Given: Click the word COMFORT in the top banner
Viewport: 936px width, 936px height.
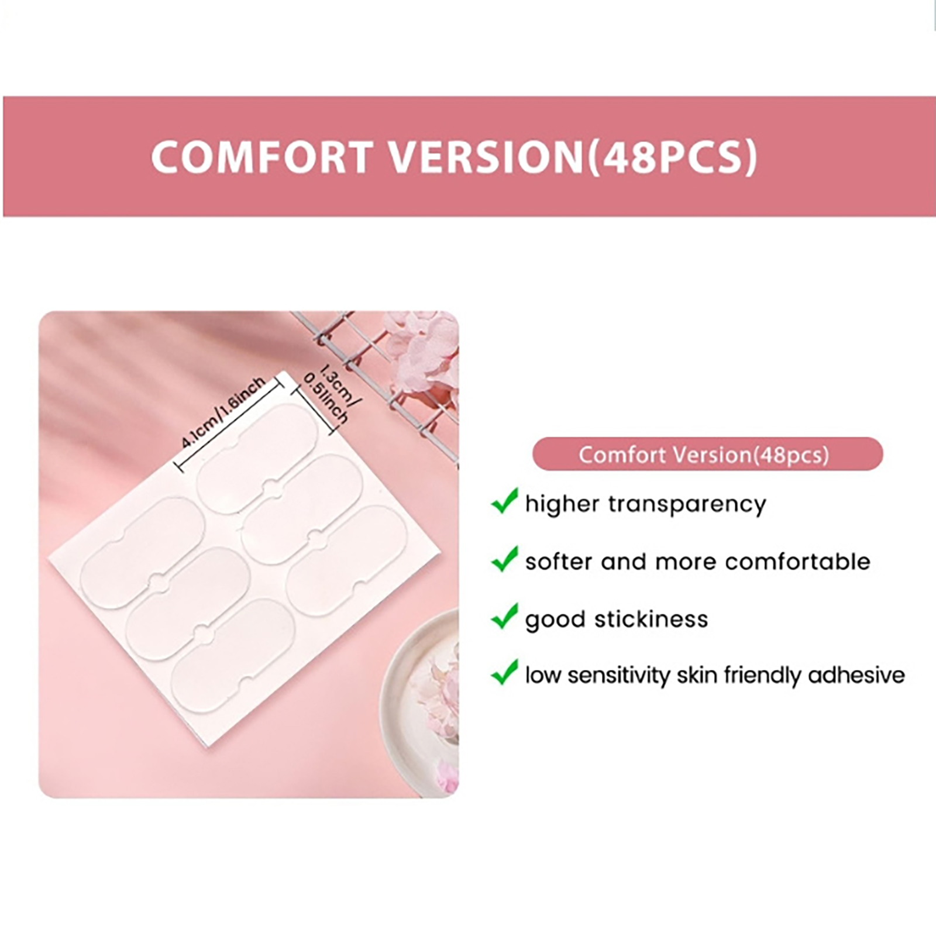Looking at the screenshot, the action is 261,156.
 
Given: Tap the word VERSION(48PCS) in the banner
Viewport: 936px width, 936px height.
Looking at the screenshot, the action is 574,157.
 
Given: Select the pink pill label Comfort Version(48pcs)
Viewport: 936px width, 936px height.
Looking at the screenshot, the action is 707,454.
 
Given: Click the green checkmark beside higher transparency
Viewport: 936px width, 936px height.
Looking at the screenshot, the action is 504,501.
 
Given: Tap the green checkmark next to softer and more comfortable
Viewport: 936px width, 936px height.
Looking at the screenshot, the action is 504,559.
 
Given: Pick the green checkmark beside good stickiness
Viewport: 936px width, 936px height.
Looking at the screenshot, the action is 504,616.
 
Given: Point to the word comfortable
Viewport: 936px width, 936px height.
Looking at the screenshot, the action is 797,562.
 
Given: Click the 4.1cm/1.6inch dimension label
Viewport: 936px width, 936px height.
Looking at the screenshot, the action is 223,412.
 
